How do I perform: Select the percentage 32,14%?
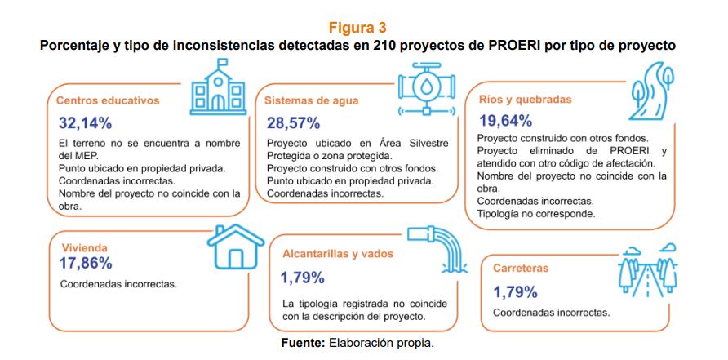86,124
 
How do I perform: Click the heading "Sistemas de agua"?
312,100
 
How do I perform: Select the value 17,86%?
86,263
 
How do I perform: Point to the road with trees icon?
645,270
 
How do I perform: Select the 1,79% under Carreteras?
514,291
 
